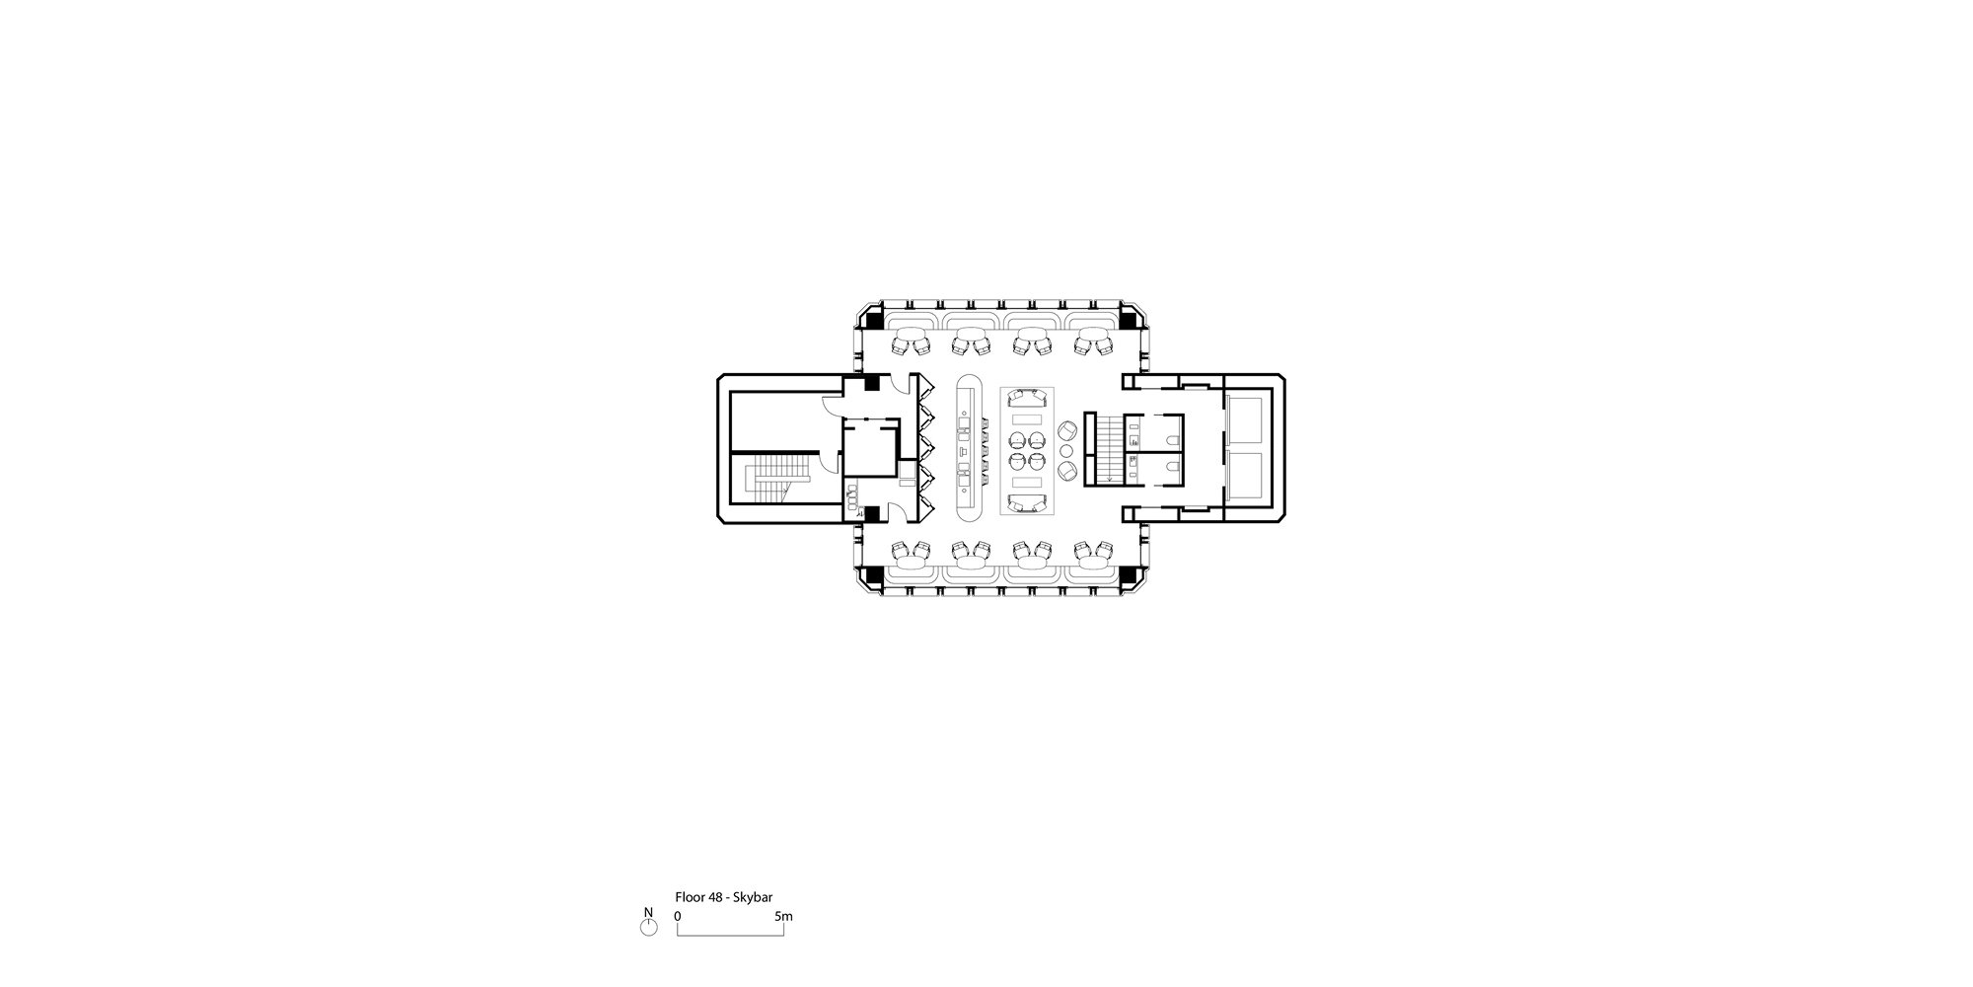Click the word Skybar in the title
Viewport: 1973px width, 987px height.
(x=754, y=898)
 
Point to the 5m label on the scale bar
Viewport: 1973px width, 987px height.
(x=783, y=917)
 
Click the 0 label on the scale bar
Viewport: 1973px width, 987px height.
(x=678, y=917)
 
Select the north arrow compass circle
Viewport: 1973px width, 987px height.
(x=648, y=929)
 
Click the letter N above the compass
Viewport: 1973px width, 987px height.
(x=648, y=912)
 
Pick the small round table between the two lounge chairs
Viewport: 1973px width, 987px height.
(x=1066, y=451)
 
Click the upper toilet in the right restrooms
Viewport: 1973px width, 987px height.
(x=1171, y=435)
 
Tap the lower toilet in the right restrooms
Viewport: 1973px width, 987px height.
(x=1171, y=467)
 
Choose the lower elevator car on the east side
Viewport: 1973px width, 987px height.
(x=1248, y=477)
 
